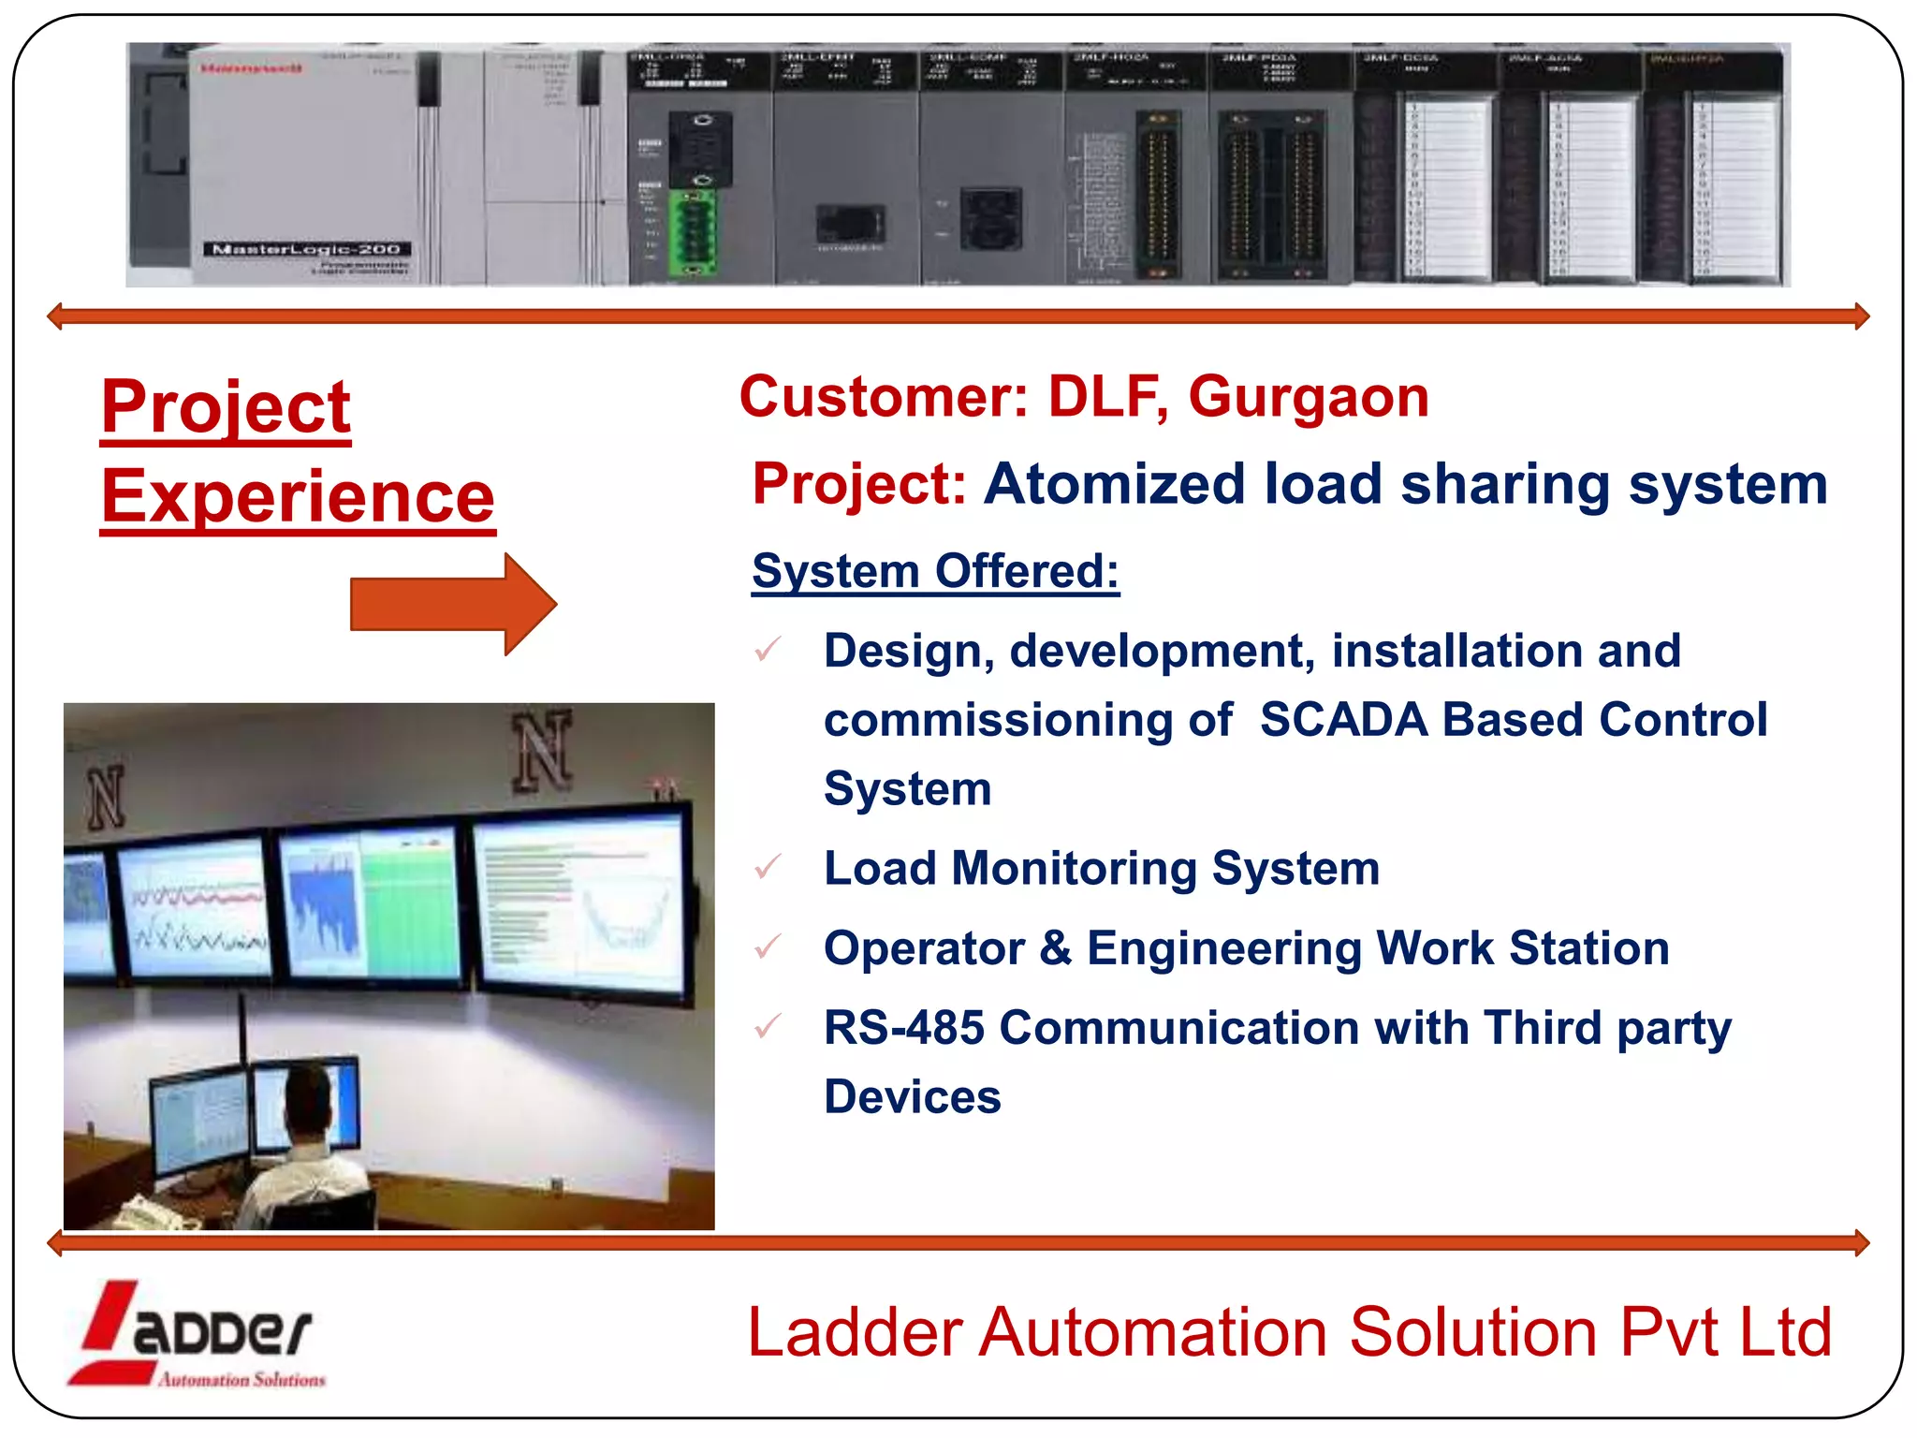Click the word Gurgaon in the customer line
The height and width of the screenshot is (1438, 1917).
point(1308,398)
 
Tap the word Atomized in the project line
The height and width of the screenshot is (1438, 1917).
point(1114,485)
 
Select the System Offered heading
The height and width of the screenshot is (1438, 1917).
point(935,571)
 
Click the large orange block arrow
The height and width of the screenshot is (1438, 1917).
point(453,604)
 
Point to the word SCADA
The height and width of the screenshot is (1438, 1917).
point(1343,720)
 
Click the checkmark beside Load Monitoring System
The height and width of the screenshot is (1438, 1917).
point(768,867)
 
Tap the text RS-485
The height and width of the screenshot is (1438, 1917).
point(903,1028)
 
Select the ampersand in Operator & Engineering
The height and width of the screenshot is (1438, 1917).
point(1055,947)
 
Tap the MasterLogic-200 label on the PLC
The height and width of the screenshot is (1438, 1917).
point(307,249)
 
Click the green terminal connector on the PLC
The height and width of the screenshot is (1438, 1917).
point(693,233)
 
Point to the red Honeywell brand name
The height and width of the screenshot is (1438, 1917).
point(251,68)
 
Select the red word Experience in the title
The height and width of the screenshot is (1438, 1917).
point(298,497)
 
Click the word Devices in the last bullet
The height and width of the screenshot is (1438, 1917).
point(912,1097)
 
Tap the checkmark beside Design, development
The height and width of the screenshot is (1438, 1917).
point(768,649)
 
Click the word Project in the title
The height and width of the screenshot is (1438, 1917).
point(226,407)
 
